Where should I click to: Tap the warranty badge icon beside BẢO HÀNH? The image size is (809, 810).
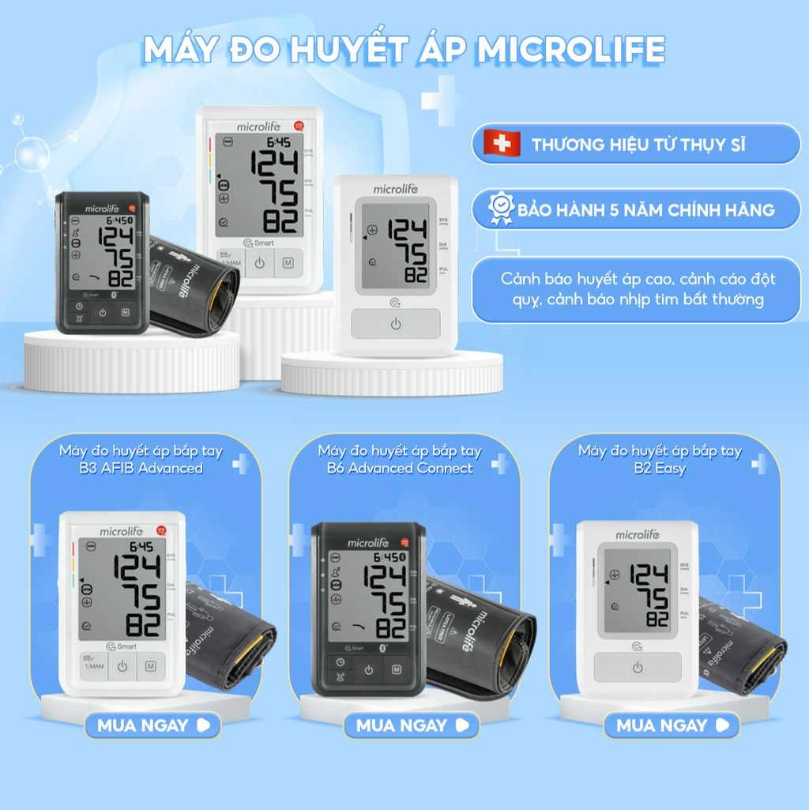(501, 209)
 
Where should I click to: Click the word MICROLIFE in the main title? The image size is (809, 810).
(570, 49)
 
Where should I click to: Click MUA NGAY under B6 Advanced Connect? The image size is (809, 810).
(411, 725)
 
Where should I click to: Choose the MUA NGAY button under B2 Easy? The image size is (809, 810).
(671, 725)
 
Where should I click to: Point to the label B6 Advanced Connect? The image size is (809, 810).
(400, 469)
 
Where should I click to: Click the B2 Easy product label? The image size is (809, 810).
(660, 469)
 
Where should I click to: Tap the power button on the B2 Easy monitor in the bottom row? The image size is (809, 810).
(638, 668)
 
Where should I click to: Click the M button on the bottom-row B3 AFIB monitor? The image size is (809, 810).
(150, 667)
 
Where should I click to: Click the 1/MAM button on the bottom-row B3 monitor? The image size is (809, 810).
(92, 666)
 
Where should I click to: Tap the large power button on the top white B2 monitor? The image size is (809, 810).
(395, 324)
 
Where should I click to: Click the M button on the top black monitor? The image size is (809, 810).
(125, 313)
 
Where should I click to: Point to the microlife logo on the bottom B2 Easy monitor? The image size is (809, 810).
(637, 535)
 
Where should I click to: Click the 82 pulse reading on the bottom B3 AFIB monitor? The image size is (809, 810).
(143, 625)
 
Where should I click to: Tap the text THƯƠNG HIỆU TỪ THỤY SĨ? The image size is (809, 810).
(638, 145)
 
